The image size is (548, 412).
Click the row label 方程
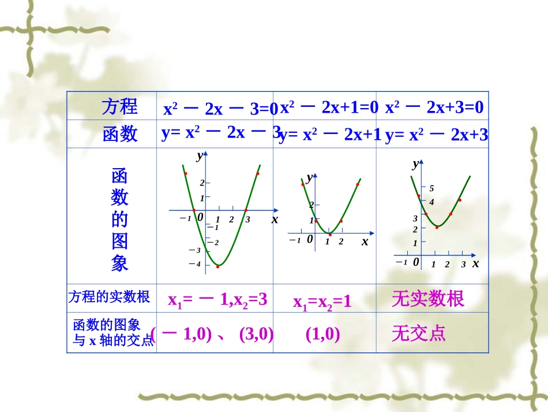click(x=120, y=106)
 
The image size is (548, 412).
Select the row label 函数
click(x=120, y=134)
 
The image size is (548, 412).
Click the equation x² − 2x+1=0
click(x=329, y=107)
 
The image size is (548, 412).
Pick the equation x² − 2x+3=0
click(x=434, y=107)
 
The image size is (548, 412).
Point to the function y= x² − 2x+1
click(x=330, y=135)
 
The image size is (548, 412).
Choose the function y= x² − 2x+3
click(x=437, y=135)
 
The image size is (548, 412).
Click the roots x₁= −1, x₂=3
click(x=217, y=299)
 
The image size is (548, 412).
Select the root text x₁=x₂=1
click(x=322, y=302)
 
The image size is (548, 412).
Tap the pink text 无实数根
click(x=427, y=299)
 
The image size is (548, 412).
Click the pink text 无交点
click(x=418, y=333)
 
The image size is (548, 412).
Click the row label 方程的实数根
click(x=109, y=297)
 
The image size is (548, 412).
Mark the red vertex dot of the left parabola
click(x=218, y=266)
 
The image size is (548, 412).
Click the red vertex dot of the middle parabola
click(x=330, y=234)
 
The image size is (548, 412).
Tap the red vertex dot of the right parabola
click(x=437, y=227)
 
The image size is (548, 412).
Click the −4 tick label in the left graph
click(x=195, y=264)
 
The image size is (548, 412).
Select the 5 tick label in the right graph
click(x=431, y=189)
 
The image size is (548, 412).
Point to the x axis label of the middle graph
click(x=365, y=242)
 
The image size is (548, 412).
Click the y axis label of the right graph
click(x=415, y=164)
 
